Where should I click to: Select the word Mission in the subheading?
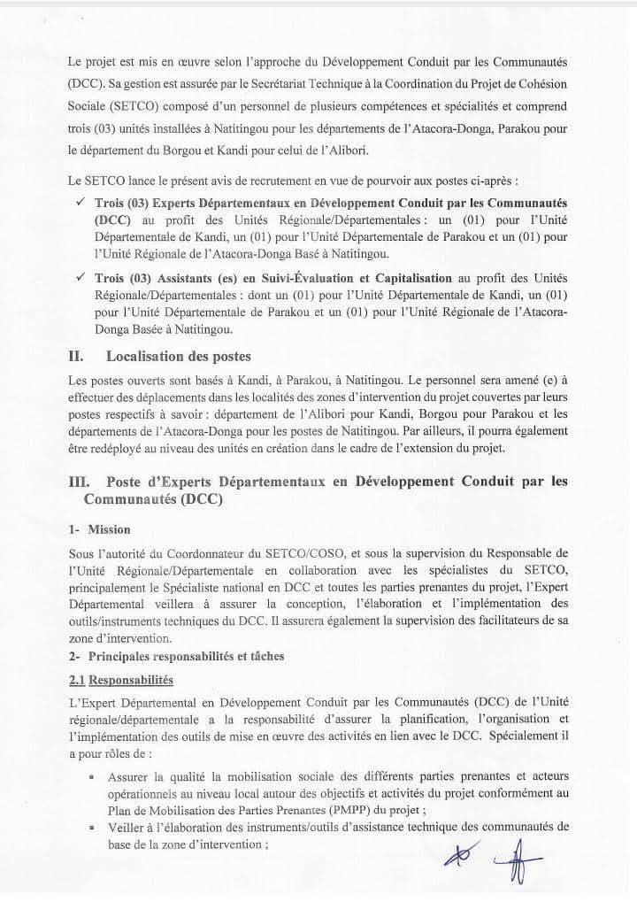coord(109,529)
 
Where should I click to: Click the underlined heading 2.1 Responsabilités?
coord(120,679)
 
